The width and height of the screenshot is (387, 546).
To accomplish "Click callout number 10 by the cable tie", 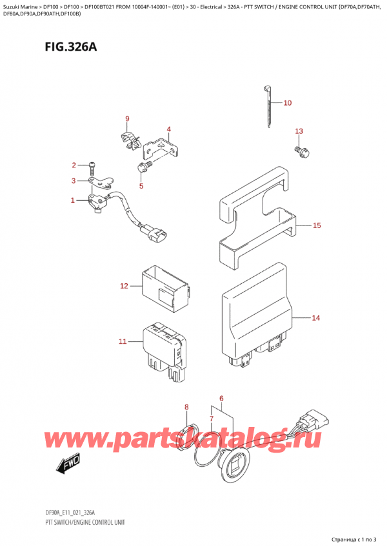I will point(287,102).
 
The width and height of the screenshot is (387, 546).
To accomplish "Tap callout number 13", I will point(298,132).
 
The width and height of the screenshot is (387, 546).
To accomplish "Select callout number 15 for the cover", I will point(317,225).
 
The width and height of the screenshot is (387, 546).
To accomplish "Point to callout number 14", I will point(315,317).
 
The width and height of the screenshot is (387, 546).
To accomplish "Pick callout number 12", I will point(124,285).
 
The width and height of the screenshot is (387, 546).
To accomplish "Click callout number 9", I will point(127,118).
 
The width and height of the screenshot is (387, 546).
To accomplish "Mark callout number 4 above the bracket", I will point(168,129).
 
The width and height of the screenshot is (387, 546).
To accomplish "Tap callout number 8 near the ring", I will point(186,407).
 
